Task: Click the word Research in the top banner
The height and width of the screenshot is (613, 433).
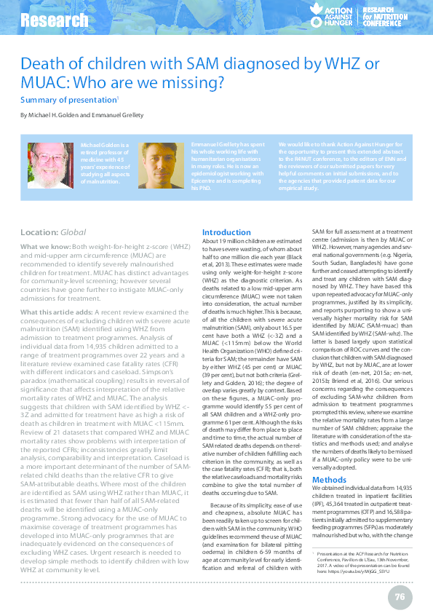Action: pyautogui.click(x=49, y=20)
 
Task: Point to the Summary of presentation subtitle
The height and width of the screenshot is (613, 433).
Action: pyautogui.click(x=68, y=100)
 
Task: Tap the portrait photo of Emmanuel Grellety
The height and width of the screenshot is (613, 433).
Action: pyautogui.click(x=169, y=166)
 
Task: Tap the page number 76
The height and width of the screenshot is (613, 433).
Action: pyautogui.click(x=400, y=577)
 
